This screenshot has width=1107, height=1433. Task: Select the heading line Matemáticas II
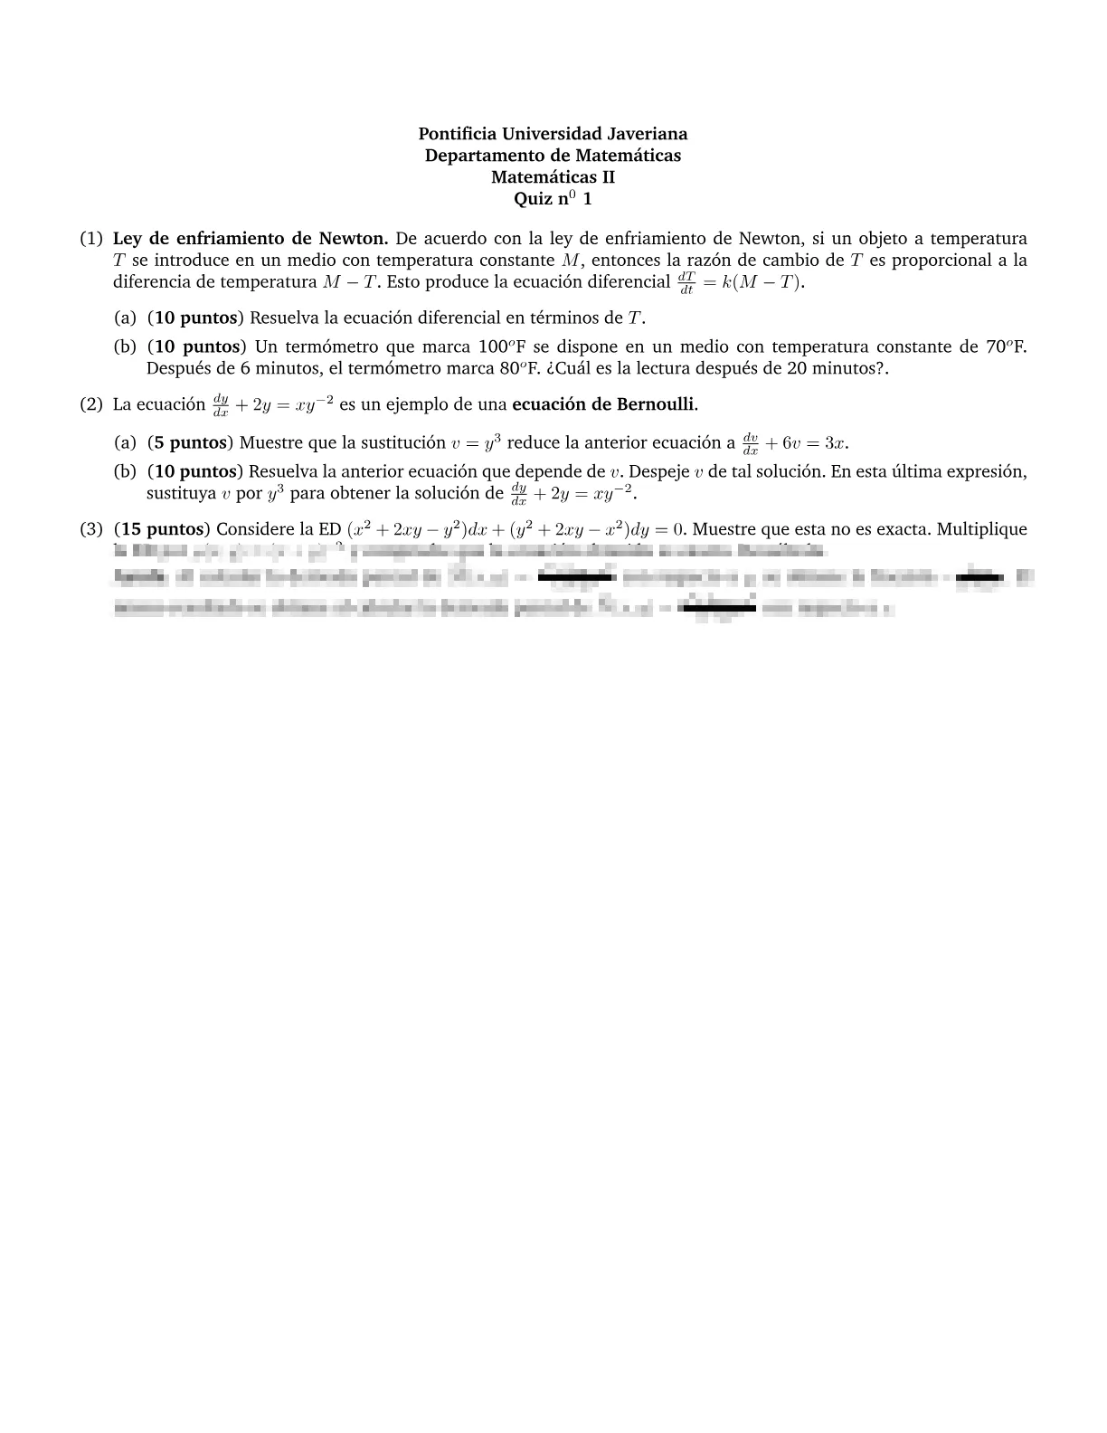[x=553, y=177]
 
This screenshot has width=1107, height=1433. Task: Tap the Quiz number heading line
[x=553, y=199]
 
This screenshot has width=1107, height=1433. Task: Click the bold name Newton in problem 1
[x=353, y=239]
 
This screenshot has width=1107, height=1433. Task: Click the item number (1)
[x=90, y=239]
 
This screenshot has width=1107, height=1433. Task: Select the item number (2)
[x=90, y=404]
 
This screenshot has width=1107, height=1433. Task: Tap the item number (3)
[x=90, y=529]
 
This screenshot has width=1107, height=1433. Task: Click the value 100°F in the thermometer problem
[x=502, y=346]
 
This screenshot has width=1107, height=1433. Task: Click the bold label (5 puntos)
[x=190, y=442]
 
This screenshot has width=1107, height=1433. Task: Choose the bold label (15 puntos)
[x=163, y=529]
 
